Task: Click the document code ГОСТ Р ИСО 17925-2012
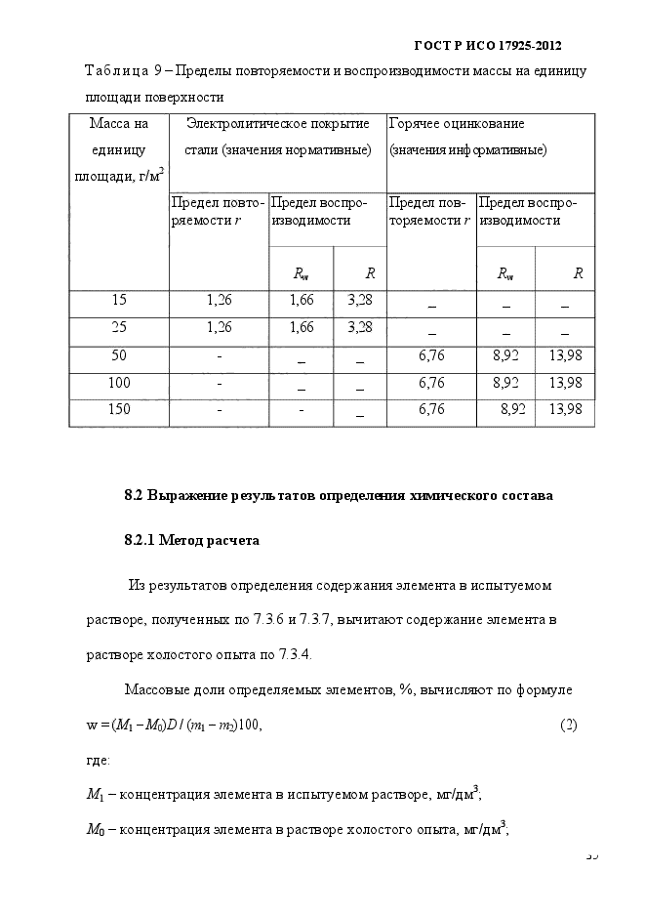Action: [489, 46]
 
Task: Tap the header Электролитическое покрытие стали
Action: [277, 137]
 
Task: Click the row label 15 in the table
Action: [118, 300]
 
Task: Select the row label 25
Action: [118, 326]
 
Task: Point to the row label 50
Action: [118, 354]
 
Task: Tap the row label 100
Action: [118, 382]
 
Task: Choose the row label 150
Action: [118, 409]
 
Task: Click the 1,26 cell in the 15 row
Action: [219, 300]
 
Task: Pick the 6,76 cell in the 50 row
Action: [431, 354]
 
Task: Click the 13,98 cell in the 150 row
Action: [566, 409]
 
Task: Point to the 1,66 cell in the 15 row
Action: [302, 300]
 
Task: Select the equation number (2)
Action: [569, 726]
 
